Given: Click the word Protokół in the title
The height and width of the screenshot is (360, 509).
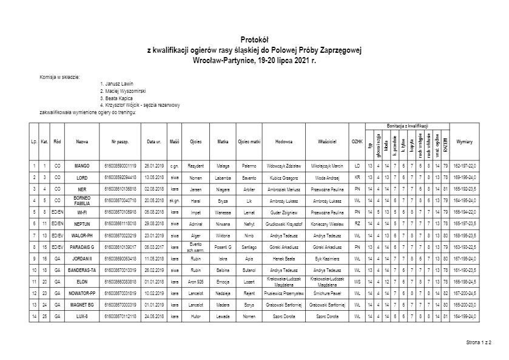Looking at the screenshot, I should coord(254,38).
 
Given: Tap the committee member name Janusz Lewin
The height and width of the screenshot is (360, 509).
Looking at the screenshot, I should coord(119,84).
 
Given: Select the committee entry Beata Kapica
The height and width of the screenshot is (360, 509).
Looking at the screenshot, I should coord(118,98).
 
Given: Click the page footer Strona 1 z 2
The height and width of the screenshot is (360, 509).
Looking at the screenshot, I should coord(479,343).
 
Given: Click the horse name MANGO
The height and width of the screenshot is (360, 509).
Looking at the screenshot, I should coord(82,166).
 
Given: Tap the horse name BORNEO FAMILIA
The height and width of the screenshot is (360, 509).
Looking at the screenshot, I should coord(82,200).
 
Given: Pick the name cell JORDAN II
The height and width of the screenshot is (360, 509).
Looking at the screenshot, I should coord(82,258).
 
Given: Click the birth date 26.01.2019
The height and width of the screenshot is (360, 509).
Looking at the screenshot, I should coord(154,166).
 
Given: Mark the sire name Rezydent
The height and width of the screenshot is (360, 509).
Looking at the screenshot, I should coord(195,166).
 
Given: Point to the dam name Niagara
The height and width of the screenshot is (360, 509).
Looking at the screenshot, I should coord(223,189).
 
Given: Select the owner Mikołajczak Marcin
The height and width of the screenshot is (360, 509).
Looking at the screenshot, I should coord(327,166).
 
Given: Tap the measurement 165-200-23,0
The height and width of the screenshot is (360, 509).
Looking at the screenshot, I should coord(464,304).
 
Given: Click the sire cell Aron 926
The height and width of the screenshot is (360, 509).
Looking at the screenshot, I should coord(195,281).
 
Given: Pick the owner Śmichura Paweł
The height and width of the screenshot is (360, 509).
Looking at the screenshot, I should coord(327,293).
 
